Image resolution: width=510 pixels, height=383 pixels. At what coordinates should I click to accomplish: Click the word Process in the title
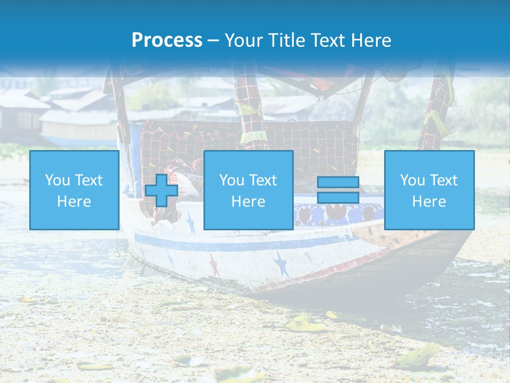[x=167, y=40]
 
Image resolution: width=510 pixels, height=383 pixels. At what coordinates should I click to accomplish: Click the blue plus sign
[x=161, y=190]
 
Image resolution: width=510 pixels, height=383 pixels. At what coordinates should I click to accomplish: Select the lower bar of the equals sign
[x=338, y=198]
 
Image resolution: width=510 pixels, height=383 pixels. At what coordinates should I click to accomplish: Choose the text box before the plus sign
[x=74, y=190]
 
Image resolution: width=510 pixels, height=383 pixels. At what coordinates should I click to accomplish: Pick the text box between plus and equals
[x=248, y=190]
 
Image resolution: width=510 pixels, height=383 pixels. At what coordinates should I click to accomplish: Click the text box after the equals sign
[x=429, y=190]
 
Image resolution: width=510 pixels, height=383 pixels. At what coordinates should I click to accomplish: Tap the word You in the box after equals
[x=412, y=180]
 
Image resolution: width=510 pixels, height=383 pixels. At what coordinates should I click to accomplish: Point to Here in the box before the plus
[x=74, y=202]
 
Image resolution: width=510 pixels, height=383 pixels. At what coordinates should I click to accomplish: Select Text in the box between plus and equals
[x=262, y=180]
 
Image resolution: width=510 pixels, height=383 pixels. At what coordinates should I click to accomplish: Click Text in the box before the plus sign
[x=88, y=180]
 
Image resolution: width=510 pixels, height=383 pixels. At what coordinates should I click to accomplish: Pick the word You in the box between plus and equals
[x=232, y=180]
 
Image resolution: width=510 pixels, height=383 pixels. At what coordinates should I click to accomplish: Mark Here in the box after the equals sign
[x=429, y=202]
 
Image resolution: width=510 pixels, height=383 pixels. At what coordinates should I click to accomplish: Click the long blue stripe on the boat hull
[x=239, y=246]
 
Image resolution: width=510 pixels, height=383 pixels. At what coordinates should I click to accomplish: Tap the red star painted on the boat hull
[x=214, y=264]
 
